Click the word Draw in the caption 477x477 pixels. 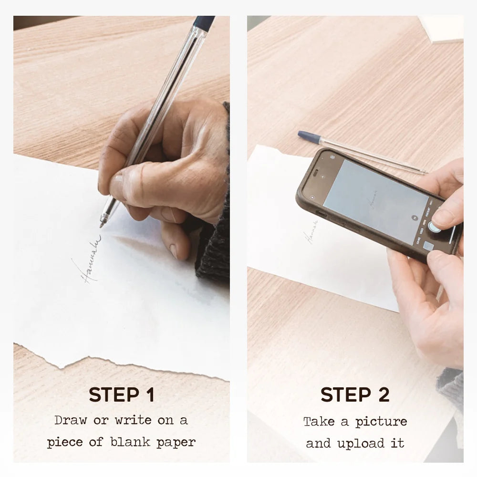(x=70, y=420)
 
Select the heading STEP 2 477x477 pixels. (x=355, y=395)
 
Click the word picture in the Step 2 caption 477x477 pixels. (x=381, y=422)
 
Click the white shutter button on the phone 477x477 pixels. (x=434, y=227)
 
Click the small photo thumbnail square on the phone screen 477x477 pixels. (x=427, y=247)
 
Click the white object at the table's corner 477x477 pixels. (x=441, y=29)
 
